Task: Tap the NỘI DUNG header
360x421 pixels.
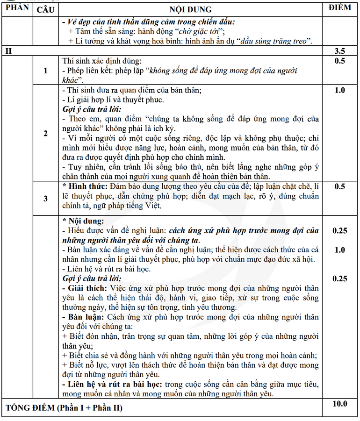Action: [191, 9]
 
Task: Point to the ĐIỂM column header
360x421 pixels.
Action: [340, 8]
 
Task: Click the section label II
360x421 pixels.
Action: [8, 51]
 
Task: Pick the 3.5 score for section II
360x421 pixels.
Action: [340, 51]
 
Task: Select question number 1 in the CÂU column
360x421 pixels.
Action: [45, 71]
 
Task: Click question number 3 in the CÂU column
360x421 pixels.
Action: [45, 198]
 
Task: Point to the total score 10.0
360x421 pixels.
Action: [340, 404]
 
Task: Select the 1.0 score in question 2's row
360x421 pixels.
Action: [340, 90]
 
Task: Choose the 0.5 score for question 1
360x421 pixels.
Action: [340, 61]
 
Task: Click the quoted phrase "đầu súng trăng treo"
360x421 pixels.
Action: [275, 41]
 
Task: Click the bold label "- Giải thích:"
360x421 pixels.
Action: [85, 288]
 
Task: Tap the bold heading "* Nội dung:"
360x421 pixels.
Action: [84, 221]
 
